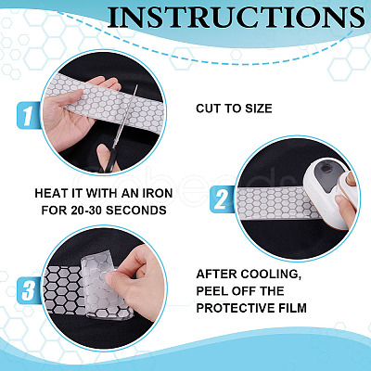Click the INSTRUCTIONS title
click(237, 17)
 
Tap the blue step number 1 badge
click(28, 115)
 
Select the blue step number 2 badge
click(222, 199)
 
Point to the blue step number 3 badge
click(29, 290)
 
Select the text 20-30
click(86, 211)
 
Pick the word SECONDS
click(136, 211)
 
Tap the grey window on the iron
click(327, 172)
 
